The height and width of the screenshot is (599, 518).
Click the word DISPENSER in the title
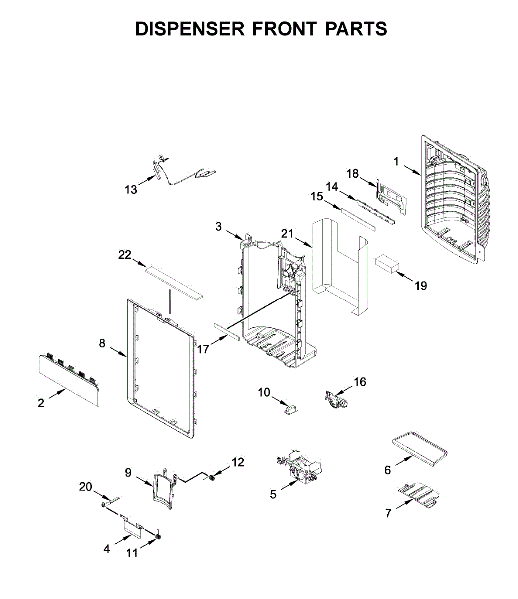tap(190, 29)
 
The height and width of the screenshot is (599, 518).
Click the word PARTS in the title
tap(356, 29)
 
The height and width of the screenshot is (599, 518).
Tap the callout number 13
tap(131, 190)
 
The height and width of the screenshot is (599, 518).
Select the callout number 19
tap(421, 286)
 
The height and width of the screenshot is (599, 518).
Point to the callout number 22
tap(124, 255)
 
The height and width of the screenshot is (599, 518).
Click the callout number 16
tap(360, 382)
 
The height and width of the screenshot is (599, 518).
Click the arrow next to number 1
tap(412, 170)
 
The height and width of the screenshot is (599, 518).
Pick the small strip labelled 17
tap(226, 331)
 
